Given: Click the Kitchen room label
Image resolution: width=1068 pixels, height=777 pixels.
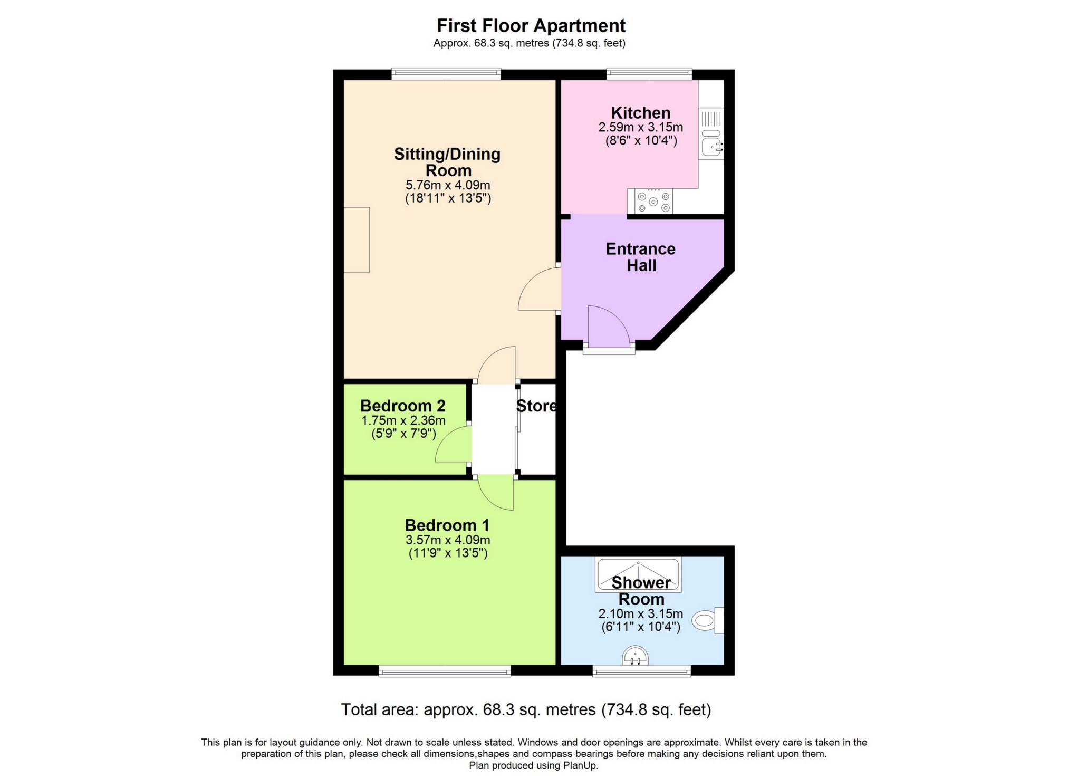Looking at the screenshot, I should click(640, 113).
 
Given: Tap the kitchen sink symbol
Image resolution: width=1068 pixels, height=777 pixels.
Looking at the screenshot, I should click(711, 141).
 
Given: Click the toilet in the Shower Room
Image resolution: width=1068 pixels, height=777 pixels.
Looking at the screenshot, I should click(707, 620).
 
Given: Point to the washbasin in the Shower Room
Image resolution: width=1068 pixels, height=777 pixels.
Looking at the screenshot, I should click(635, 656).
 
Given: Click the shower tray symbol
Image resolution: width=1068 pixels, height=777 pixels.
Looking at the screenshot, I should click(638, 573).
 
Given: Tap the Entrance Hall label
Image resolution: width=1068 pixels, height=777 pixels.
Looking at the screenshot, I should click(641, 257).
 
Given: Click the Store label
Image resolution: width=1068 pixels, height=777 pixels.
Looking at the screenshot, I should click(536, 406).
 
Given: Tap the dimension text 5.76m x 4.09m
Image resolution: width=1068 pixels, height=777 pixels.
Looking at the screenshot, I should click(448, 185).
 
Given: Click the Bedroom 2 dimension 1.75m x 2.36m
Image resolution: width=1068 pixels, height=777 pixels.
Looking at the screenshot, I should click(403, 420).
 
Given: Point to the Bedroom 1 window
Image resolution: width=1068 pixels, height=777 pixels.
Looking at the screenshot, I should click(445, 670).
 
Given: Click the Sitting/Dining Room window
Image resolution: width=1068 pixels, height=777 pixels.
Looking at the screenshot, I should click(446, 74).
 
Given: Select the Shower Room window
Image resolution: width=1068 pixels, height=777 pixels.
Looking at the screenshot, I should click(641, 670).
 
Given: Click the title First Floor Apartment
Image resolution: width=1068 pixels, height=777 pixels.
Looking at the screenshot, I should click(531, 25).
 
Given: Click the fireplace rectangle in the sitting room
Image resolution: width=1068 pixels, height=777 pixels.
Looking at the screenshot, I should click(357, 239).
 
